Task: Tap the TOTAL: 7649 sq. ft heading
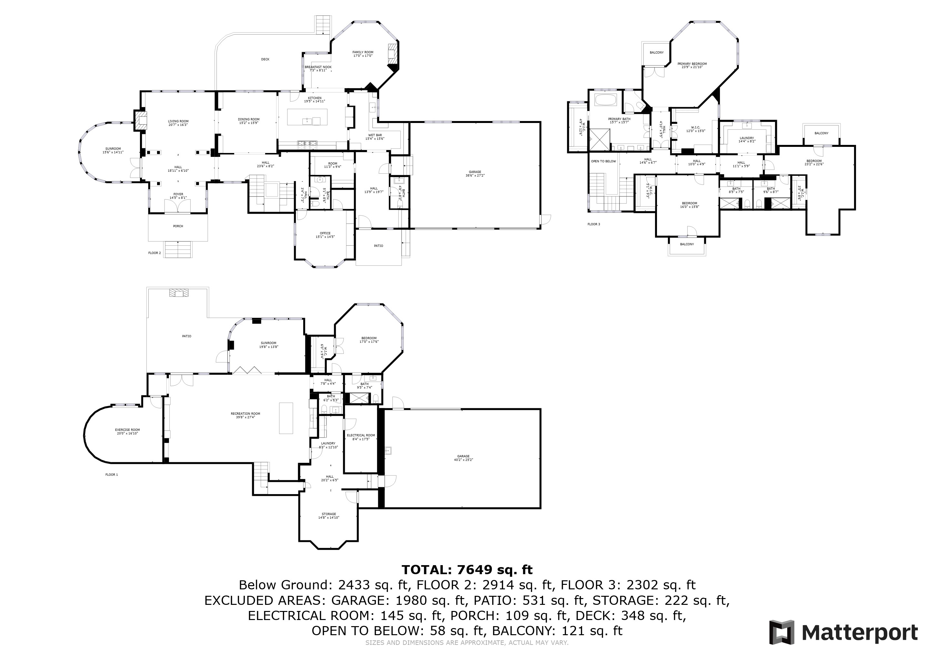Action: pos(467,569)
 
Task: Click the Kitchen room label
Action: pos(314,100)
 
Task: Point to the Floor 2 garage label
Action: pos(475,174)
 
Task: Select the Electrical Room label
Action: pos(361,437)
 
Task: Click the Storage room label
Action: pos(329,516)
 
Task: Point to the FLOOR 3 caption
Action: pos(593,224)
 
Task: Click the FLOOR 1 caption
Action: pos(112,474)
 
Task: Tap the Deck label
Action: pos(265,59)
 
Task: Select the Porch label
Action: pos(178,226)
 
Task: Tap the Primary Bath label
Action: pos(619,120)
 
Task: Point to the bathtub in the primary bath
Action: pos(606,100)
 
